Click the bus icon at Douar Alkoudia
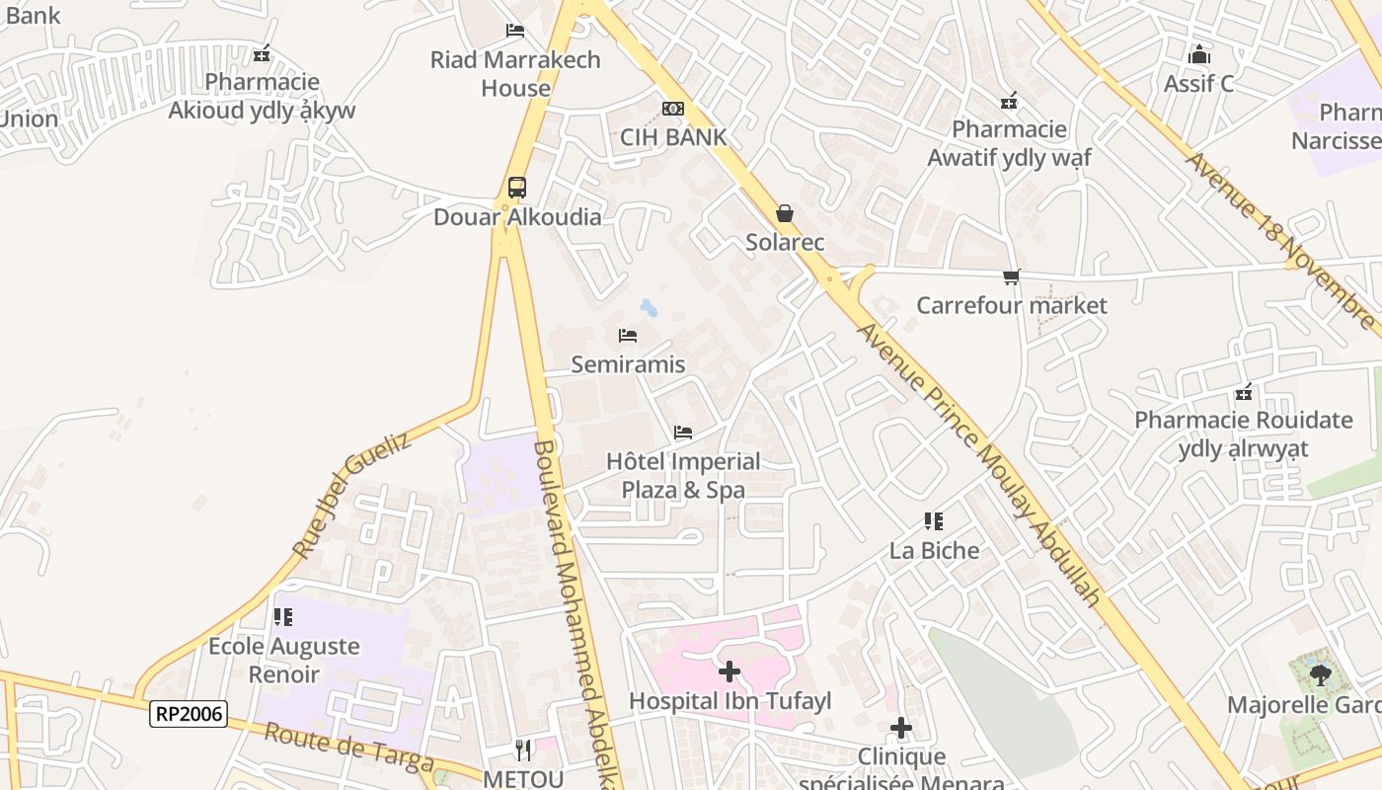point(516,187)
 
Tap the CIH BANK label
point(672,137)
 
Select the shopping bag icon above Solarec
point(785,213)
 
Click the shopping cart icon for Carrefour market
point(1011,277)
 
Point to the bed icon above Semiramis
point(628,336)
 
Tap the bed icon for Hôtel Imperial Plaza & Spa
point(682,433)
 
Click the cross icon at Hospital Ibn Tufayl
point(729,672)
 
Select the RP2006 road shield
point(189,713)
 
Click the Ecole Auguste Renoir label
point(284,661)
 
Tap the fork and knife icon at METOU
point(523,750)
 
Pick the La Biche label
point(934,550)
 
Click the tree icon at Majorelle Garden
point(1319,676)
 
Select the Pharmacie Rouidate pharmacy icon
point(1244,393)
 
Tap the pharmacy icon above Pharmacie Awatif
point(1009,101)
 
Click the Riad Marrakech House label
point(515,74)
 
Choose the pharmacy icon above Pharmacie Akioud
point(262,54)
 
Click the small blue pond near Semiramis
point(649,308)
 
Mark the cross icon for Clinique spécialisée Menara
point(901,729)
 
